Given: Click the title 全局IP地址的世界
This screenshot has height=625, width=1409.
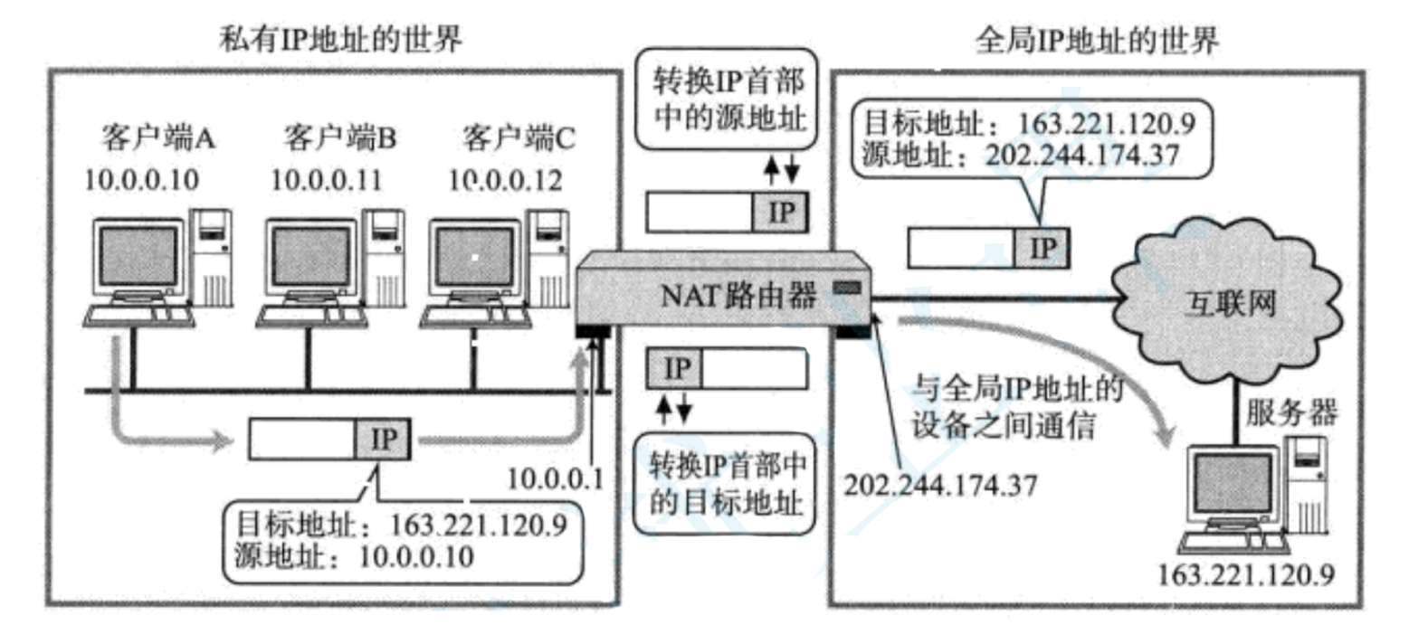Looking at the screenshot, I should point(1097,40).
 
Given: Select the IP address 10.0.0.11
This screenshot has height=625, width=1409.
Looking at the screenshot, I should point(327,179).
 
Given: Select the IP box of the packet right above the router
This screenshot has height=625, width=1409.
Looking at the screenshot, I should point(780,213).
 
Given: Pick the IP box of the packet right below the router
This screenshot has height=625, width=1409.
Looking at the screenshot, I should point(675,369).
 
